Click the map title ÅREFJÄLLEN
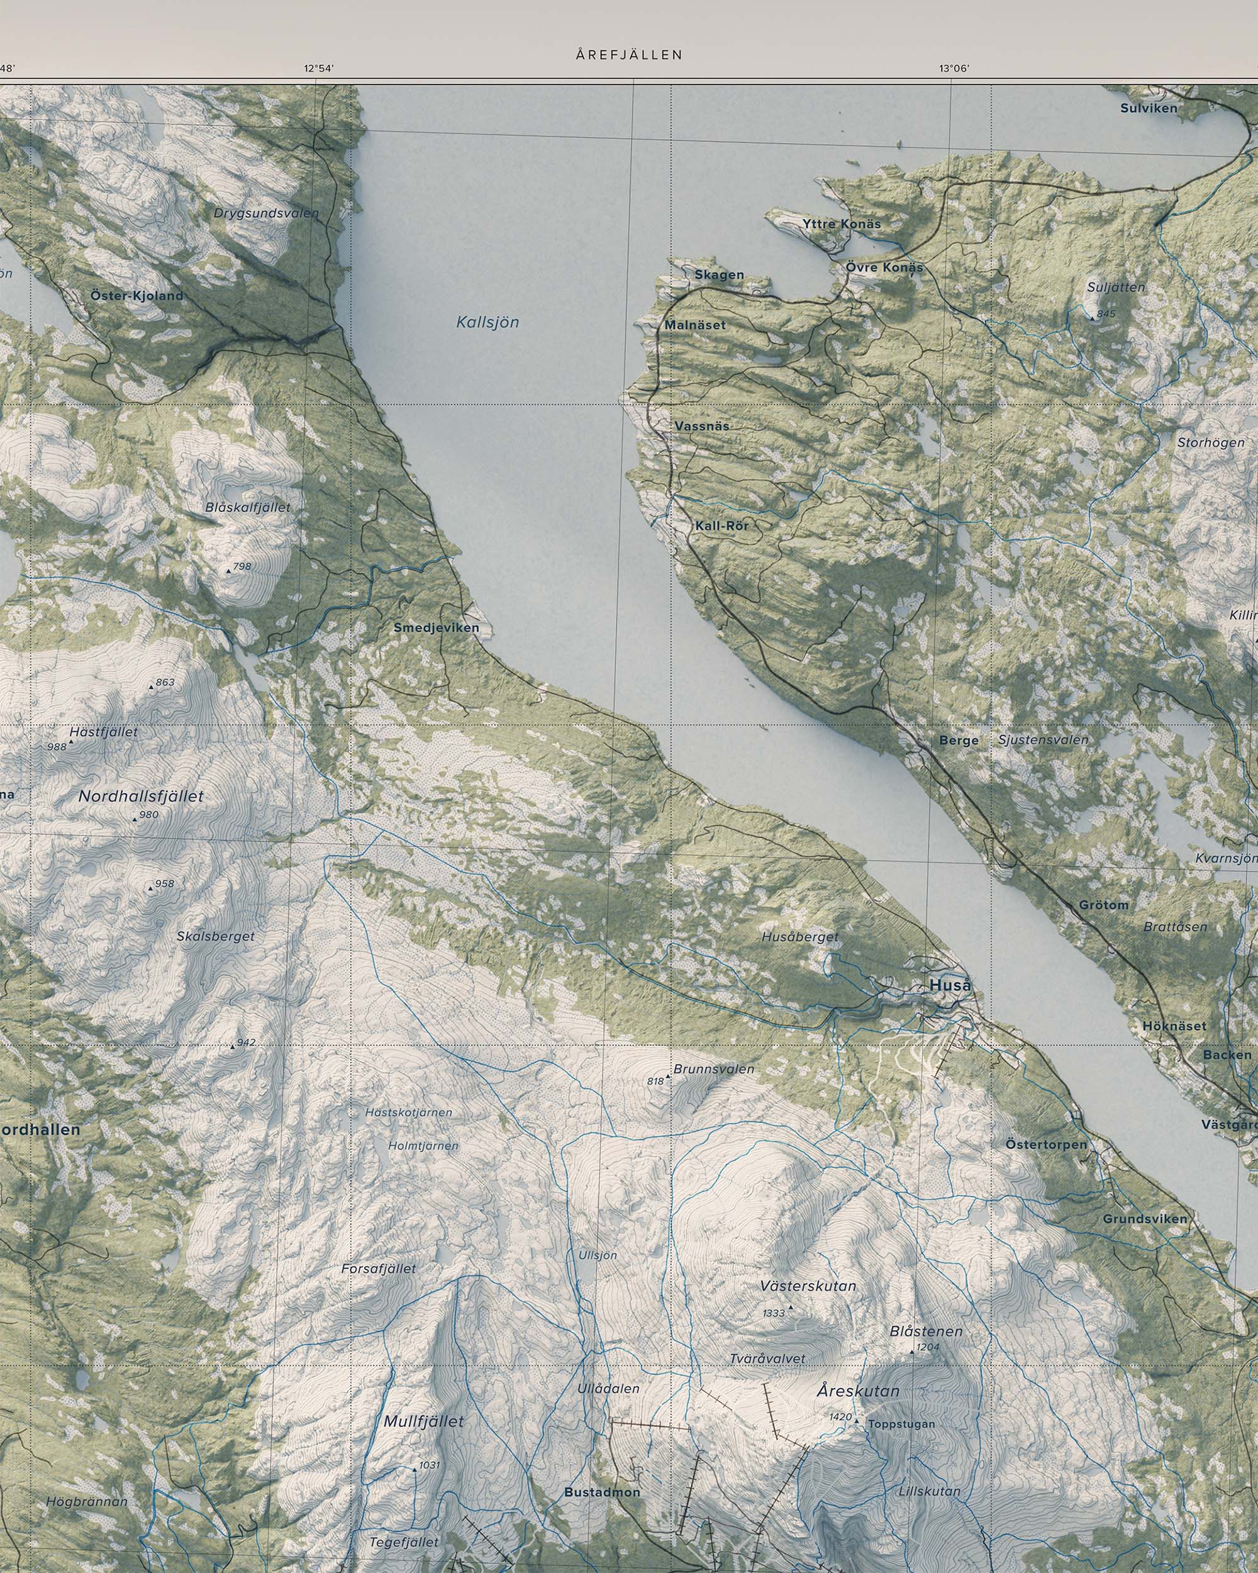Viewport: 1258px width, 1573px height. click(x=628, y=55)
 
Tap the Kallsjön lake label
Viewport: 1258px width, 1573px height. click(x=488, y=322)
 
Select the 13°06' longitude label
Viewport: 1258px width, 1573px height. click(x=953, y=69)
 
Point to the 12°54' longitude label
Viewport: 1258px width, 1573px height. click(x=319, y=69)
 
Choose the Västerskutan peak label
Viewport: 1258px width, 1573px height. click(x=808, y=1285)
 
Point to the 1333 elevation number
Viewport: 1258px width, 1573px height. click(x=773, y=1313)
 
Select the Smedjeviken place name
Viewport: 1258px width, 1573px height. click(x=436, y=627)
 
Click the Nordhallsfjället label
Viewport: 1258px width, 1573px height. click(x=141, y=796)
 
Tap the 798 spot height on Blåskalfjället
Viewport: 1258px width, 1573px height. click(x=242, y=566)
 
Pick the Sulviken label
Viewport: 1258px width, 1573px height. click(x=1149, y=108)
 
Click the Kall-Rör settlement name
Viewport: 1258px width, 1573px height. click(x=721, y=525)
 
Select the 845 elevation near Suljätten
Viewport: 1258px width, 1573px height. click(x=1106, y=314)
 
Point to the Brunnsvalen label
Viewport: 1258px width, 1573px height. click(x=713, y=1069)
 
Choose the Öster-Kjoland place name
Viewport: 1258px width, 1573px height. click(x=137, y=296)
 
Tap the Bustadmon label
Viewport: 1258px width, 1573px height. click(x=602, y=1492)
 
